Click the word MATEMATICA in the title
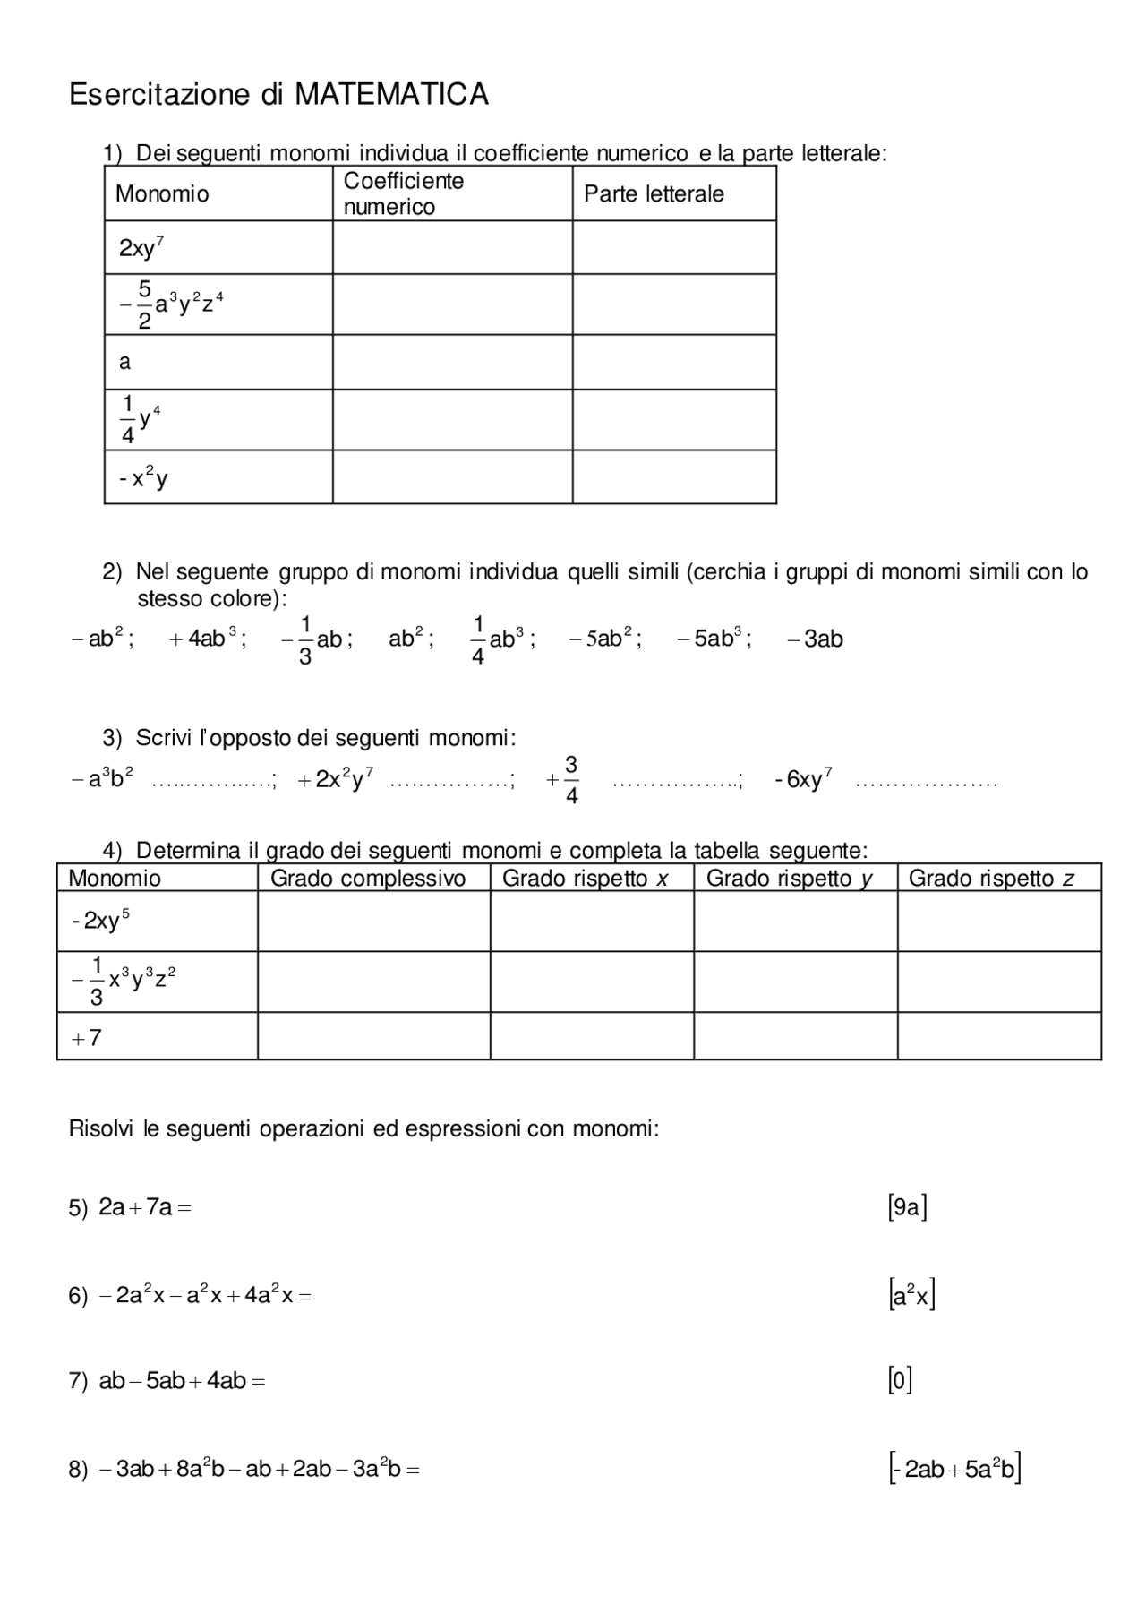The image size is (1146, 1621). pos(391,95)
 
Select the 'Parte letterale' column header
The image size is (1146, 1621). pos(654,194)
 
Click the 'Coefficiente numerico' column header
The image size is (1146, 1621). pos(403,193)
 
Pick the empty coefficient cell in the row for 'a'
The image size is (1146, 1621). pos(452,362)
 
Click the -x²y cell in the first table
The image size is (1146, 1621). pos(143,478)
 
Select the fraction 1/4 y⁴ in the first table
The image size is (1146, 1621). pos(140,420)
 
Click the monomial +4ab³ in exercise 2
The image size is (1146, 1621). pos(205,639)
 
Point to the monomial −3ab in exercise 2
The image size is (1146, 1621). pos(815,639)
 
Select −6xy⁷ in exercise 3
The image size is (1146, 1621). pos(803,779)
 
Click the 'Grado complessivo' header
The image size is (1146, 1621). pos(368,879)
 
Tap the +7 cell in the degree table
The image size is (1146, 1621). pos(87,1038)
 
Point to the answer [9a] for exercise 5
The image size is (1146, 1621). pos(907,1208)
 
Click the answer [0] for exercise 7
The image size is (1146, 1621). pos(900,1381)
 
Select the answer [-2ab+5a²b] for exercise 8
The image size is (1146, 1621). pos(954,1469)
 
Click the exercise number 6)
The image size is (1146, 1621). pos(78,1296)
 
